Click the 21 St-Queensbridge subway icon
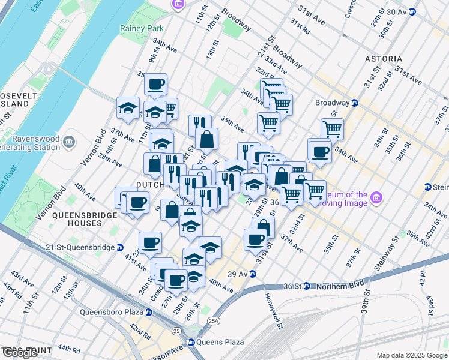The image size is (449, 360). pos(120,247)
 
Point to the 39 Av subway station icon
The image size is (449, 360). pos(253,274)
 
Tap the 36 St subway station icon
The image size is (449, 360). pos(306,286)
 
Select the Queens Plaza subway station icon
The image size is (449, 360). pos(191,343)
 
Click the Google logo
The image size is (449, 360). pos(20,353)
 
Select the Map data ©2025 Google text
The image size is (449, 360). pos(412,355)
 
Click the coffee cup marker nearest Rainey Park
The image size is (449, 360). pos(156,85)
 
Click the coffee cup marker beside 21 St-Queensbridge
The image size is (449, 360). pos(150,243)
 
